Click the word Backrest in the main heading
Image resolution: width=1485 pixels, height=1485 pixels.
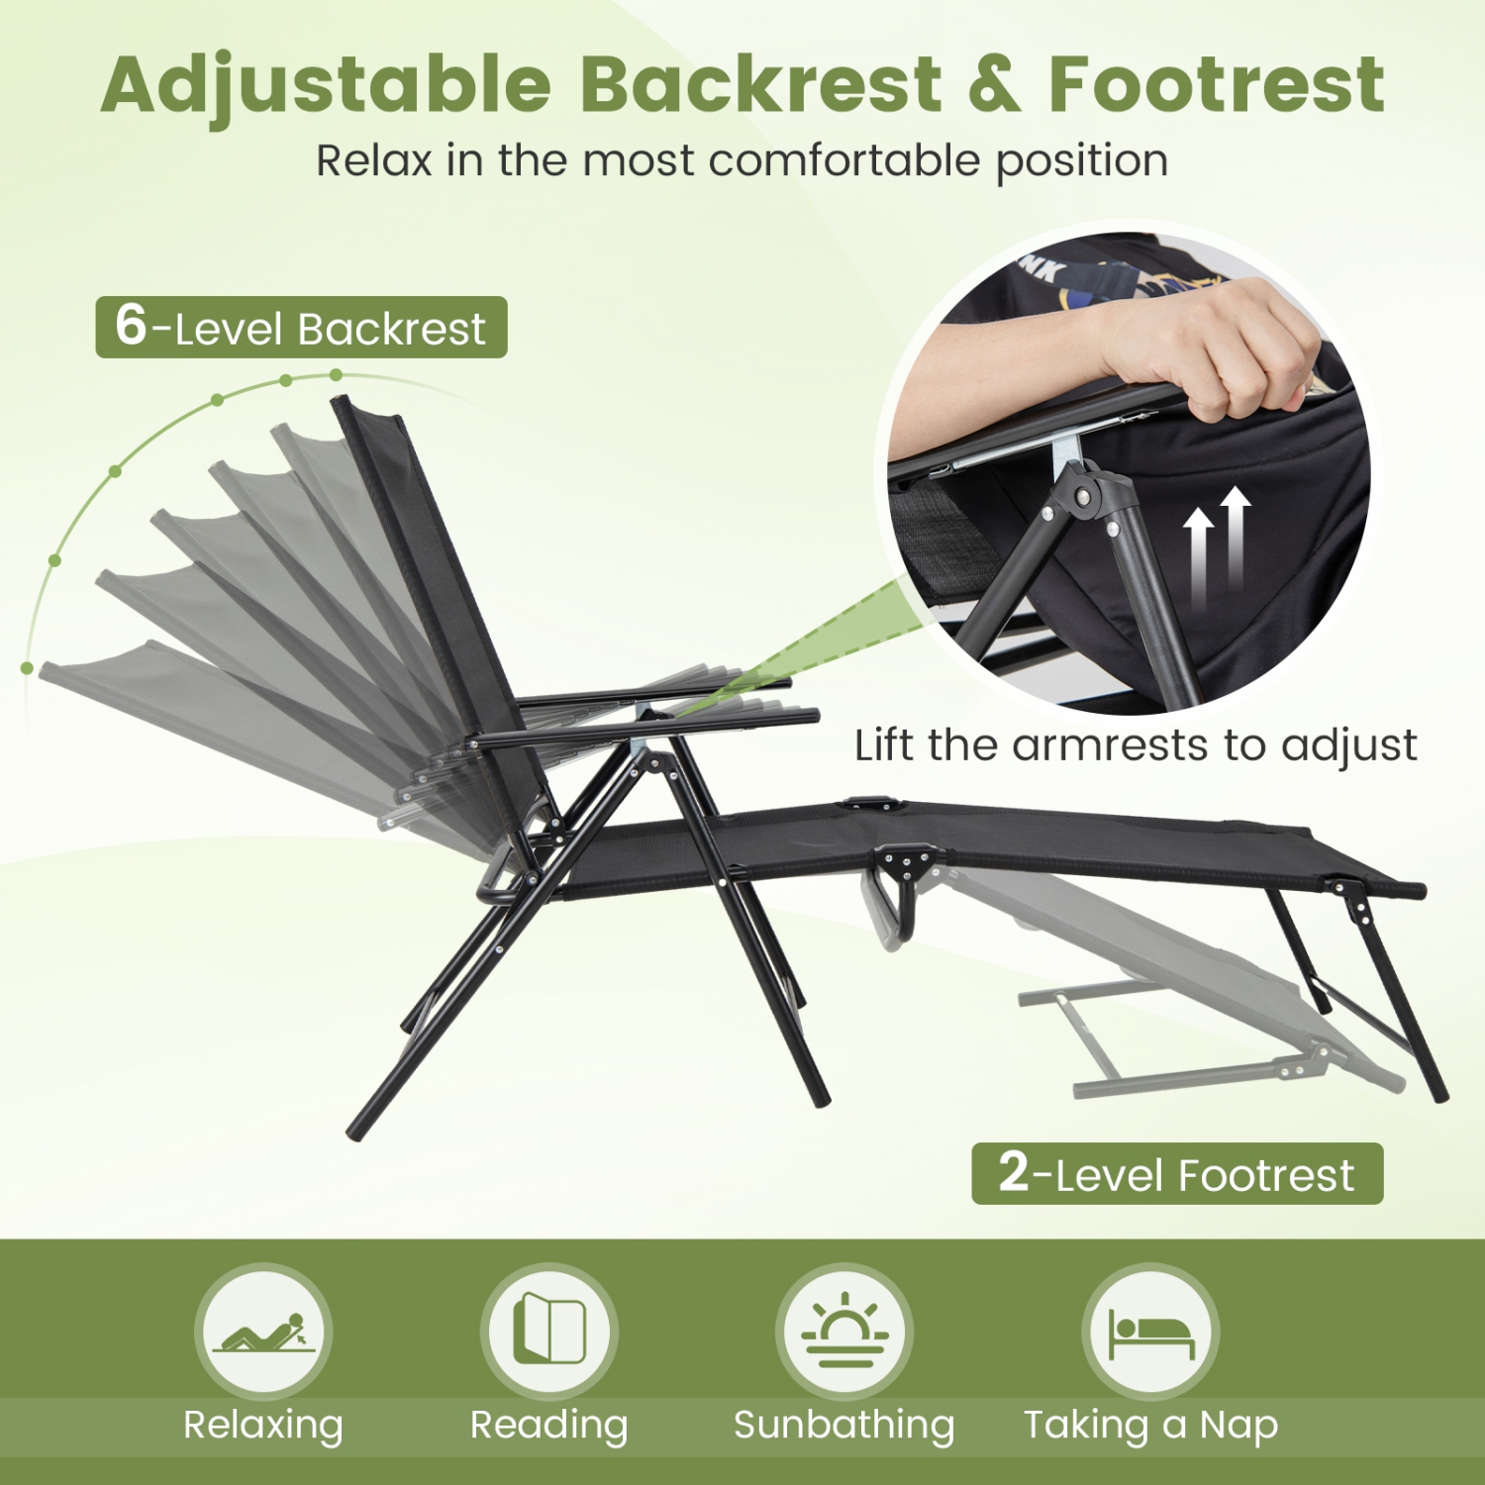click(x=760, y=84)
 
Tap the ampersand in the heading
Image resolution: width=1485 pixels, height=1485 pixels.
click(x=994, y=84)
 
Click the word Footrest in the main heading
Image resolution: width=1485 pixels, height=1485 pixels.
click(x=1216, y=84)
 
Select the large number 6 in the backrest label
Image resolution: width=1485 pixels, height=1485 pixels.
click(x=131, y=325)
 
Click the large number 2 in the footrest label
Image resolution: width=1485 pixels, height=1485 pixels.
click(x=1014, y=1172)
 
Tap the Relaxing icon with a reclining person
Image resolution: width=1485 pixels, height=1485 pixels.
click(x=263, y=1332)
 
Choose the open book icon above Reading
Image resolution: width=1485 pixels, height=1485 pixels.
click(x=549, y=1330)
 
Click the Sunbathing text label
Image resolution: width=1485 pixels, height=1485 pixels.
click(x=843, y=1425)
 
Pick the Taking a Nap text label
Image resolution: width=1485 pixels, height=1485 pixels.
click(x=1150, y=1425)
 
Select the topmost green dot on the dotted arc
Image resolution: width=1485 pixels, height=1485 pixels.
click(x=337, y=375)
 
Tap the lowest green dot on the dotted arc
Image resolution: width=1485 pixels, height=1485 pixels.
click(x=27, y=668)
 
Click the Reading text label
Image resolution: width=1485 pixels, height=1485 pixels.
click(x=548, y=1425)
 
